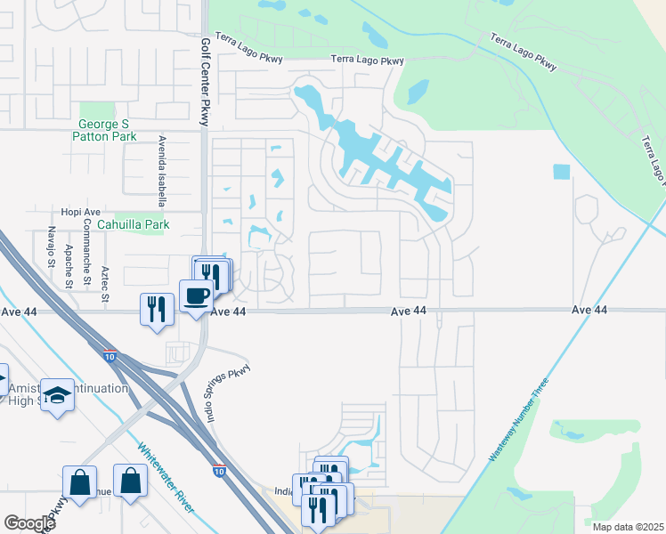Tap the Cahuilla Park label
(x=133, y=225)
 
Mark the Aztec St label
(x=105, y=282)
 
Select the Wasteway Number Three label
(x=521, y=418)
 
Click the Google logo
(x=29, y=523)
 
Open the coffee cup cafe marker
(x=195, y=295)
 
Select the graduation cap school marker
(x=58, y=395)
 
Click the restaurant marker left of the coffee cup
(x=157, y=309)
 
